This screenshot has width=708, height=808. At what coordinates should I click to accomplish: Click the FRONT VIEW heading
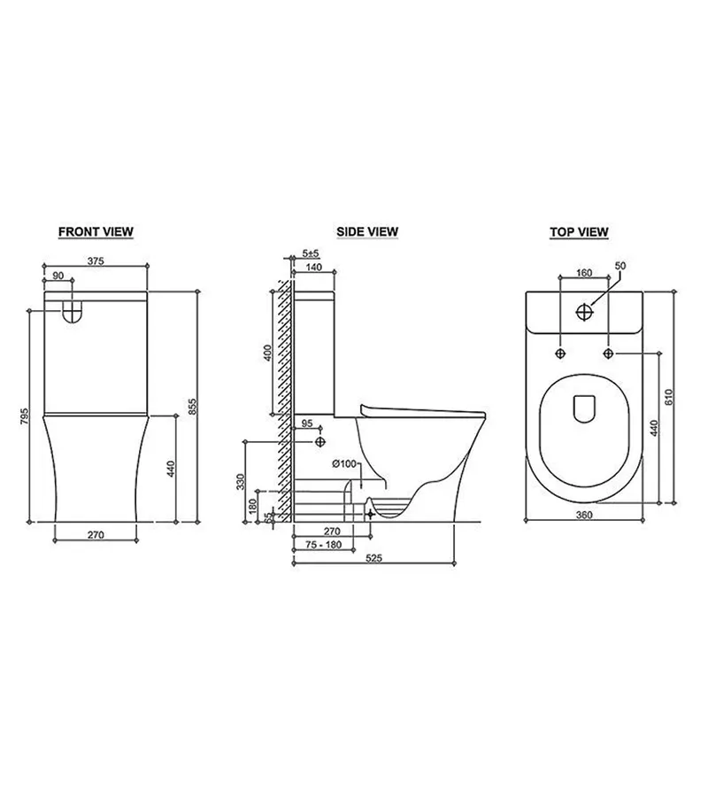[x=96, y=232]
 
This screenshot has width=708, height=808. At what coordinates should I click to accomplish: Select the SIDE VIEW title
[x=367, y=232]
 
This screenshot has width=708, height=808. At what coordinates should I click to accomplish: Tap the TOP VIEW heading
[x=579, y=232]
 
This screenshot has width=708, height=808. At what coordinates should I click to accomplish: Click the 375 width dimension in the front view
[x=96, y=260]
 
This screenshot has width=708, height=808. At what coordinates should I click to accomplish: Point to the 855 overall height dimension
[x=192, y=407]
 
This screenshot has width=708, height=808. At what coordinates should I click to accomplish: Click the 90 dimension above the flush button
[x=58, y=276]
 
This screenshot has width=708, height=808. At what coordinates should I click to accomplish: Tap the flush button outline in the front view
[x=73, y=312]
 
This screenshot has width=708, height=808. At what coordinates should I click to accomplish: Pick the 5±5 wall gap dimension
[x=311, y=253]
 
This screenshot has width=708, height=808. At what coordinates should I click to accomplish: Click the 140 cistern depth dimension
[x=313, y=267]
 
